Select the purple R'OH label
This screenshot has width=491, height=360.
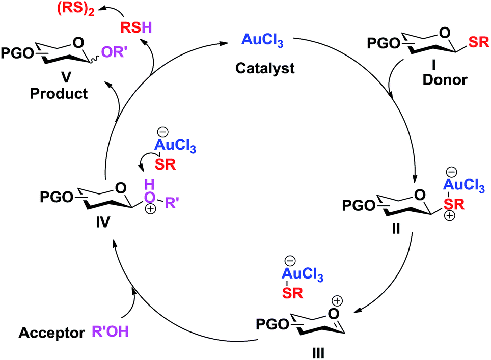coord(107,333)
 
